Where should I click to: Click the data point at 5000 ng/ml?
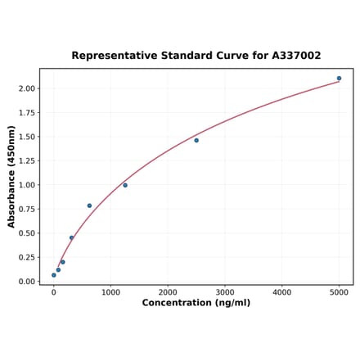click(339, 79)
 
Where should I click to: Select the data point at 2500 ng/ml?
click(196, 140)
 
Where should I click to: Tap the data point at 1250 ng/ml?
click(125, 185)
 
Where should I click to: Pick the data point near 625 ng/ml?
click(89, 205)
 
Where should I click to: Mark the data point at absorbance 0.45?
click(71, 238)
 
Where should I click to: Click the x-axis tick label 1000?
click(110, 291)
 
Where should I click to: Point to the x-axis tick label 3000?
click(225, 291)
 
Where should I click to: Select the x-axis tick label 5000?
click(339, 291)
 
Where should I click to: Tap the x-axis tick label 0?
click(54, 291)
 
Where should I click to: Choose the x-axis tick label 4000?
click(281, 291)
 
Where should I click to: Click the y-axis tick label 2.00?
click(27, 88)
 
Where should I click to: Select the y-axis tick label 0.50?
click(27, 233)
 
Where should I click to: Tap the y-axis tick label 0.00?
click(27, 282)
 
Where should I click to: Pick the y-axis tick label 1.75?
click(27, 112)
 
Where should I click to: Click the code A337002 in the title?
click(291, 56)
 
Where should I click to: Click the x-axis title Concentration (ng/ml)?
click(196, 303)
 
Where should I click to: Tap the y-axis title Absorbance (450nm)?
click(11, 177)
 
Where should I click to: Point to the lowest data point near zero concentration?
click(54, 275)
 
